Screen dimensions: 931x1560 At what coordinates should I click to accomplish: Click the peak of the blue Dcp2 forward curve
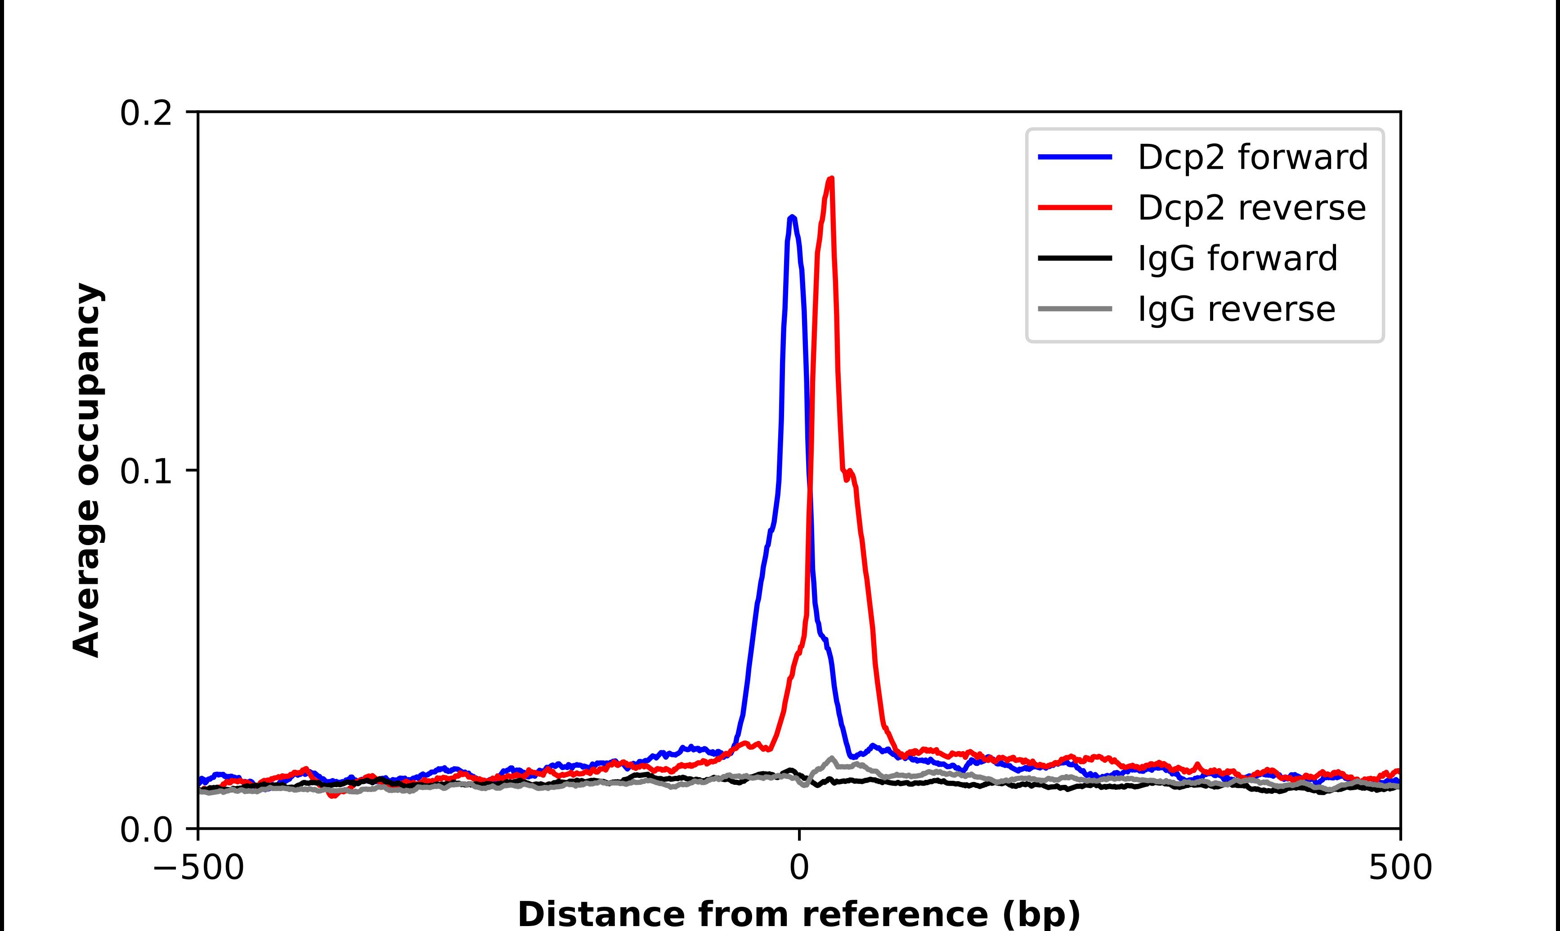pyautogui.click(x=792, y=217)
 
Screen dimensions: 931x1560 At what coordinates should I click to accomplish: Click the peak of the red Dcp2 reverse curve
pyautogui.click(x=831, y=179)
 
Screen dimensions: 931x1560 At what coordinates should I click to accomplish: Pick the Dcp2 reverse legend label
pyautogui.click(x=1251, y=208)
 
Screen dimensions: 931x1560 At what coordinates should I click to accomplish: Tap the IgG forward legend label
pyautogui.click(x=1237, y=259)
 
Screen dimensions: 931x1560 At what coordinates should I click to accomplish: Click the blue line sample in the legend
pyautogui.click(x=1075, y=157)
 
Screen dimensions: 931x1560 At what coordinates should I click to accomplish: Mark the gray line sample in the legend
pyautogui.click(x=1075, y=309)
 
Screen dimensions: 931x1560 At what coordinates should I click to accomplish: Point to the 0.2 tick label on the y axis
pyautogui.click(x=146, y=113)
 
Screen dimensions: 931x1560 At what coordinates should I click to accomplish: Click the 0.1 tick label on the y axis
pyautogui.click(x=146, y=471)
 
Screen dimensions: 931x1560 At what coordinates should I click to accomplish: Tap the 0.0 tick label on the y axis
pyautogui.click(x=146, y=830)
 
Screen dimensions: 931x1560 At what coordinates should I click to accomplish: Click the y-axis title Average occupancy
pyautogui.click(x=86, y=470)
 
